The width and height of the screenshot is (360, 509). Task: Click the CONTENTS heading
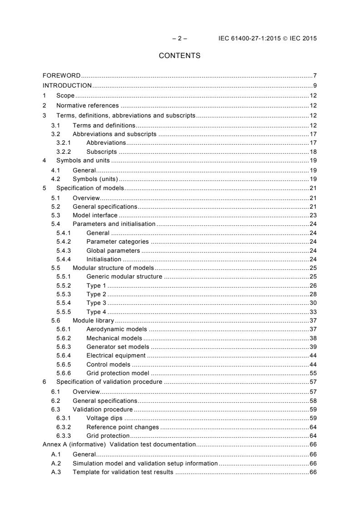coord(179,56)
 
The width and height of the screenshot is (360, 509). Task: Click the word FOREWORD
coord(61,75)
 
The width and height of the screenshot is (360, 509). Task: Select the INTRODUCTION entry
coord(67,85)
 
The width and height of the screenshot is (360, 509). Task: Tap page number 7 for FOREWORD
coord(315,75)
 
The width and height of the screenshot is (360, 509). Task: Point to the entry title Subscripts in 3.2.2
coord(101,152)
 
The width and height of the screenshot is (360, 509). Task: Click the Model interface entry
coord(95,215)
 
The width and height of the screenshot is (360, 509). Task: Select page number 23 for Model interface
coord(313,215)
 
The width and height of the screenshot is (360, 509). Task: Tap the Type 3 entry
coord(96,303)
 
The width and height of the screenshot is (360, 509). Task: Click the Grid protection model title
coord(118,373)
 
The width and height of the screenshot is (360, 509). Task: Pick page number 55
coord(313,373)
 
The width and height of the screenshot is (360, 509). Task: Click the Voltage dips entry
coord(104,418)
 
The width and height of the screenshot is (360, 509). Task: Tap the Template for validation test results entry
coord(123,472)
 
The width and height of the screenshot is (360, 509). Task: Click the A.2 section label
coord(56,463)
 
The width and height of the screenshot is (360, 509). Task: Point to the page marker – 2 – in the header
coord(180,38)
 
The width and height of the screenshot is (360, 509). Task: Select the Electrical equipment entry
coord(116,355)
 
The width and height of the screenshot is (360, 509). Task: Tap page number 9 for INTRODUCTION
coord(315,85)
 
